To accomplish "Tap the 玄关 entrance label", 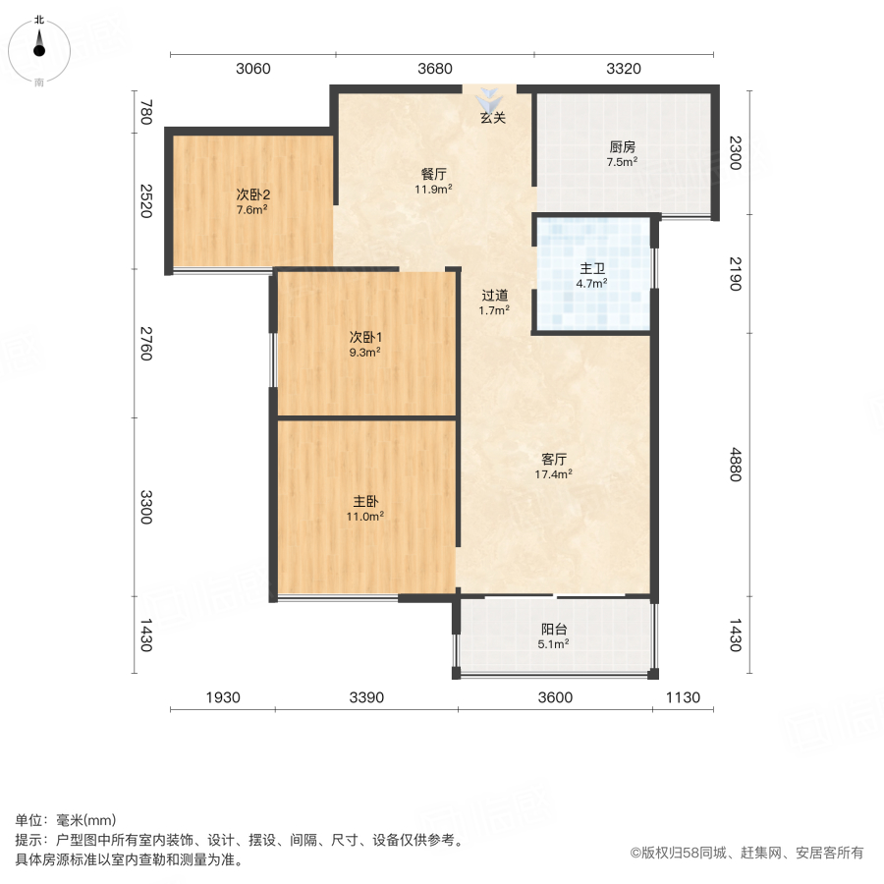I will point(492,119).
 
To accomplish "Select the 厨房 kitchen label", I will point(622,148).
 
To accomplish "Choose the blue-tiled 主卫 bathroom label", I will point(592,269).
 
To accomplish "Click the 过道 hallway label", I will point(494,295).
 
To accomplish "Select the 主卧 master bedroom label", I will point(366,500).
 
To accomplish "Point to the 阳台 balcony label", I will point(554,630).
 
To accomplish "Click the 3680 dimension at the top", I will point(435,69).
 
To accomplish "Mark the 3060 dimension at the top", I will point(252,69).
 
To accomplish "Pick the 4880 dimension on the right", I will point(736,465).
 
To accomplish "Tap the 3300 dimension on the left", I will point(146,508).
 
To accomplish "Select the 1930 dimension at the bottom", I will point(223,697).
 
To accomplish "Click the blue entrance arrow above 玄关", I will point(490,100).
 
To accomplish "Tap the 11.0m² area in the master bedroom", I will point(366,515).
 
